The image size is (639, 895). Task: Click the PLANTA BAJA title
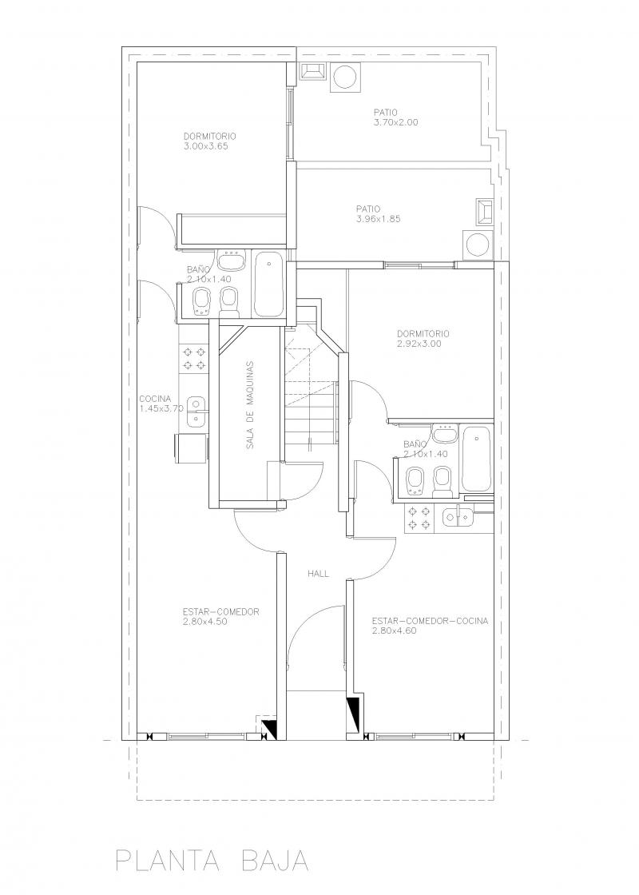(212, 860)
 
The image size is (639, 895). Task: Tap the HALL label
(319, 574)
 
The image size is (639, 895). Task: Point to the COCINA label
(155, 399)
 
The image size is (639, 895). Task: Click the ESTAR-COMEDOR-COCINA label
(430, 620)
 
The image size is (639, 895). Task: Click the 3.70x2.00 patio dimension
(396, 122)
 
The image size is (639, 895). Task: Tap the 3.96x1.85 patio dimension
(379, 219)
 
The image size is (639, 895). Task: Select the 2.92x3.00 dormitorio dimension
(419, 344)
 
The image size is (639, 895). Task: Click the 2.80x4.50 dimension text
(205, 622)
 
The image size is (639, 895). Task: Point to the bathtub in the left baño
(268, 284)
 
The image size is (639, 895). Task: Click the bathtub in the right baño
(476, 459)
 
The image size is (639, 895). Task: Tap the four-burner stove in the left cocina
(194, 359)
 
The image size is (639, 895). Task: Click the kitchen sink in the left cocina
(195, 411)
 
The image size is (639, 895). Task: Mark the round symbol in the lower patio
(478, 245)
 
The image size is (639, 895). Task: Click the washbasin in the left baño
(232, 261)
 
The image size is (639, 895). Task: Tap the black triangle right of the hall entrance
(353, 714)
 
